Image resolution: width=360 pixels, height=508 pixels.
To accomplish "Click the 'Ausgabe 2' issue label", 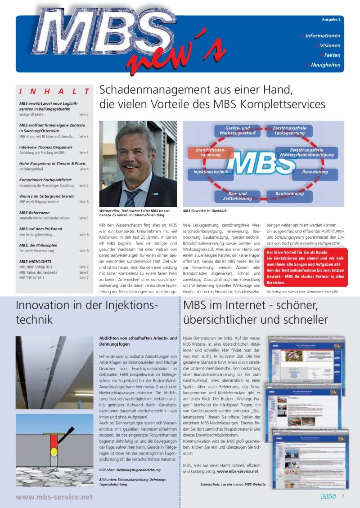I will [x=331, y=20].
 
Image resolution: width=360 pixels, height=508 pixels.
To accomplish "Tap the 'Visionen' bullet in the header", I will [x=330, y=45].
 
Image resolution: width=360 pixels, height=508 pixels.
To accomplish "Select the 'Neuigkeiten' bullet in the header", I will [x=325, y=65].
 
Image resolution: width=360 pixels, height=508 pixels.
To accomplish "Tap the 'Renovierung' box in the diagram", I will [x=315, y=172].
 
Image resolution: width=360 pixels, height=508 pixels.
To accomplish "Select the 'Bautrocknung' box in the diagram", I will [x=289, y=193].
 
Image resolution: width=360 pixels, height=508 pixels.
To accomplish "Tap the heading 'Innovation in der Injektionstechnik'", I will [x=86, y=312].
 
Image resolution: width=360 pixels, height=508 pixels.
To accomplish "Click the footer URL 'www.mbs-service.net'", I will [x=54, y=497].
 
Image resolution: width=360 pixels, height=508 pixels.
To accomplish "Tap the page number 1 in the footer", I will [x=343, y=495].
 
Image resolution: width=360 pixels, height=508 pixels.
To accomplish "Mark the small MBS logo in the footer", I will [x=328, y=496].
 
